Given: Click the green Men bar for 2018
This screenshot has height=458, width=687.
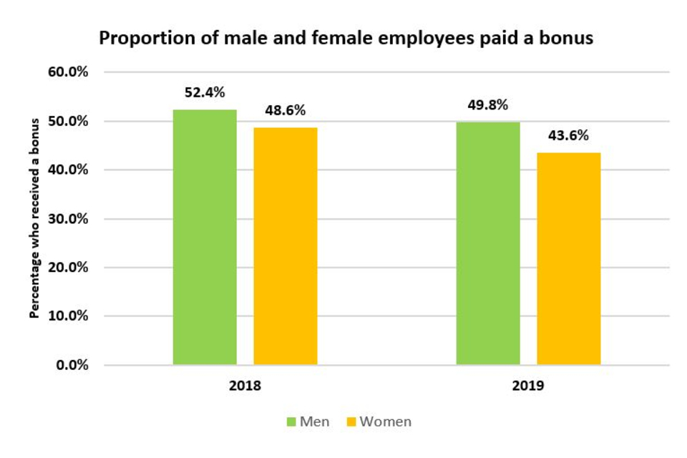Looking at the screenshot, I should point(205,237).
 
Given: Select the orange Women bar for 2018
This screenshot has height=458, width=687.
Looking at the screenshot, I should point(286,246).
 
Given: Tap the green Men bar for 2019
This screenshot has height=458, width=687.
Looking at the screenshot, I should point(488,243).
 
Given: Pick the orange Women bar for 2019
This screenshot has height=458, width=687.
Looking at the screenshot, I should point(569,258).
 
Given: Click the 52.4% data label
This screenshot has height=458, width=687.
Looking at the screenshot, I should point(205,92).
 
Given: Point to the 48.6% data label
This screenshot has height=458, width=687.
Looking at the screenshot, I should point(286,111).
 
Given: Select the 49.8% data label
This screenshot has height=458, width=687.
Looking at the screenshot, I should point(488,105).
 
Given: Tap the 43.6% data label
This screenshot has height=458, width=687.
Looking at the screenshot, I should point(569,135).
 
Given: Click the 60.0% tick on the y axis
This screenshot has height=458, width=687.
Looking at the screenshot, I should point(69,72).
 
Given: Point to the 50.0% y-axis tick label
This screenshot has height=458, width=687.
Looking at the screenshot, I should point(69,121).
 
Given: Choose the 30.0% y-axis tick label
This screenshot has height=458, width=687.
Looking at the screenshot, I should point(69,219).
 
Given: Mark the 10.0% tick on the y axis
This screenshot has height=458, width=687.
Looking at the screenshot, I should point(69,316).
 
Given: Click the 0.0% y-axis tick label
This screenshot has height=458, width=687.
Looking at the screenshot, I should point(72,365).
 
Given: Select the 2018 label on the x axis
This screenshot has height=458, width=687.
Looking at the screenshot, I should point(245,386).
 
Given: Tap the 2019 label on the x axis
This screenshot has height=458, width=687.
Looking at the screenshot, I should point(528,386).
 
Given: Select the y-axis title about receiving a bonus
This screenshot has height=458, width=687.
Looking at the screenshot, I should point(34,218).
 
